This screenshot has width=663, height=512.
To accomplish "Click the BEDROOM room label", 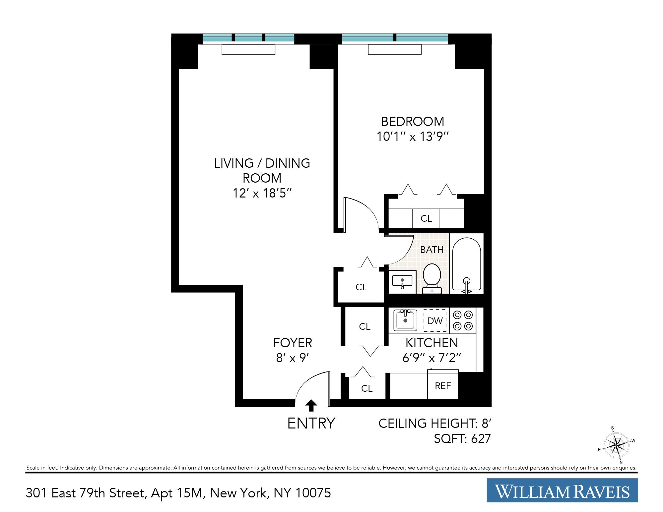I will (412, 122).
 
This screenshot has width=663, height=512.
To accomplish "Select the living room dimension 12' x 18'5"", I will (262, 193).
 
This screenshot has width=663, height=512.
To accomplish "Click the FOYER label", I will (293, 343).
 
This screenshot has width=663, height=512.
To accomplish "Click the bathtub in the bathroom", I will (466, 265).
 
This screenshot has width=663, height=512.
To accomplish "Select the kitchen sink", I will (405, 320).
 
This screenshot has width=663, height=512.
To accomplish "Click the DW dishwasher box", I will (435, 321).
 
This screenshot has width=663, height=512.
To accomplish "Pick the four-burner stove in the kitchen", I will (463, 320).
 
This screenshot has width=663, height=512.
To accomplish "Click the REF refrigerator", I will (443, 386).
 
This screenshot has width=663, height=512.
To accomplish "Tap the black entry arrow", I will (311, 405).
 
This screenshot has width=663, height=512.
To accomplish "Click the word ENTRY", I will (311, 424).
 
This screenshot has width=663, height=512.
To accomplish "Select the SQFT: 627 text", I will (462, 439).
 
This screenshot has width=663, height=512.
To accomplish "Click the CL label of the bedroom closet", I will (426, 219).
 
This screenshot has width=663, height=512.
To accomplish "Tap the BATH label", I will (431, 250).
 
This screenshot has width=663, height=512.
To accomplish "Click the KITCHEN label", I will (431, 343).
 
